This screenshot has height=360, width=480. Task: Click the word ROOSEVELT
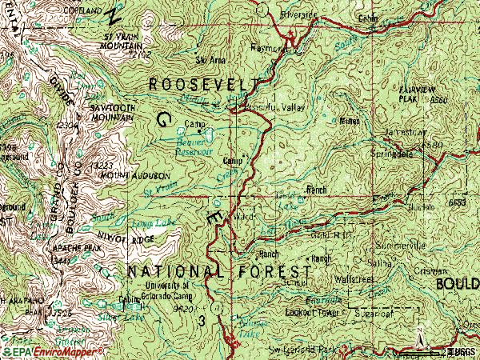click(x=203, y=84)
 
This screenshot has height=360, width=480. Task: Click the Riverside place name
click(x=299, y=15)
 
